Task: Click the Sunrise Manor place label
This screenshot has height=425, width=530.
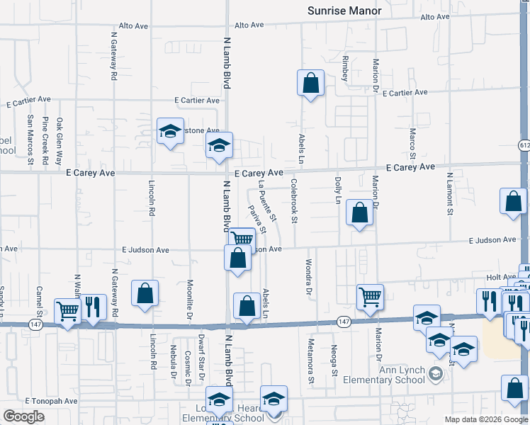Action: click(344, 11)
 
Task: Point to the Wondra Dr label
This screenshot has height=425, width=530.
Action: click(309, 276)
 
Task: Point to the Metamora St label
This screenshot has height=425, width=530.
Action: click(310, 361)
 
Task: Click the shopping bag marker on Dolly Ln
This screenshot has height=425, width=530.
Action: click(360, 212)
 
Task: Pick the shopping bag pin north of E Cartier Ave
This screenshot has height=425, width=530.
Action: click(310, 84)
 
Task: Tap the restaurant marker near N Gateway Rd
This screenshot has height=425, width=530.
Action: click(94, 307)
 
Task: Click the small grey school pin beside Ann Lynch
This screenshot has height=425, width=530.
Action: click(438, 373)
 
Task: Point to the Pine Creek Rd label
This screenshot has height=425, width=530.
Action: click(45, 141)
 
